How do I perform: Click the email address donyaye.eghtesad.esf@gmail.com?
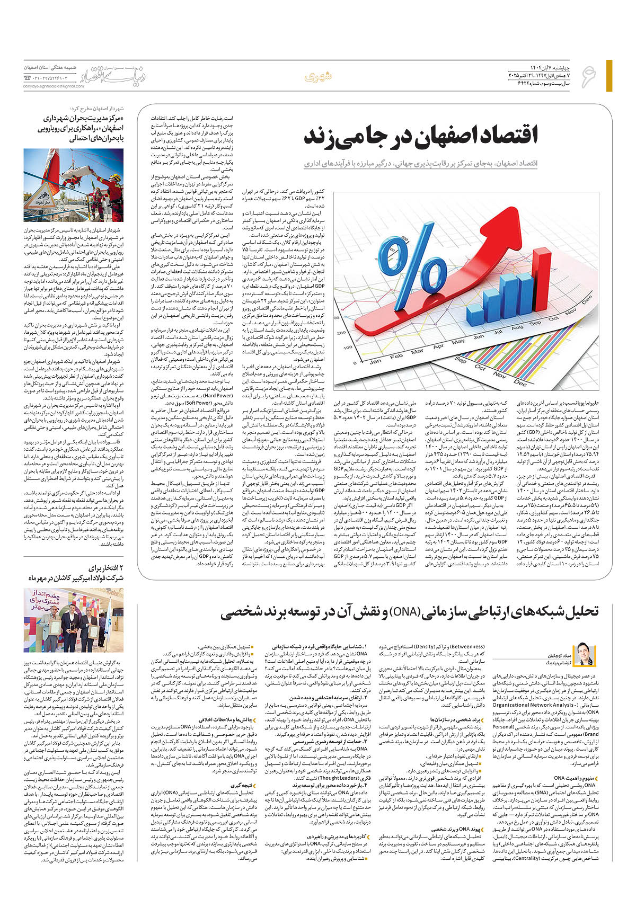(50, 86)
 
